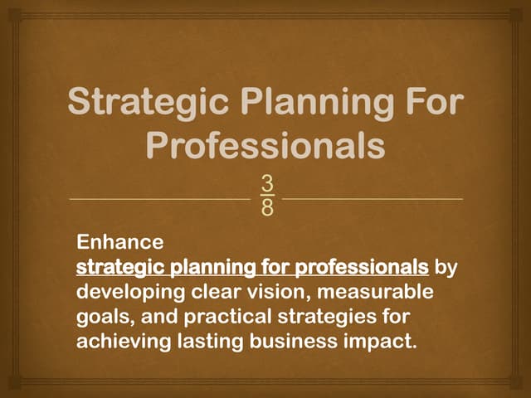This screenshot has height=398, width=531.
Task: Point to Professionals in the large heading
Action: coord(265,146)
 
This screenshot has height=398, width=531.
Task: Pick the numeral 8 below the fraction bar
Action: coord(266,208)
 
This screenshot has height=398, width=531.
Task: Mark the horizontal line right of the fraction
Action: coord(373,200)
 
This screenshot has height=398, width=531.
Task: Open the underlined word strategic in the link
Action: coord(119,268)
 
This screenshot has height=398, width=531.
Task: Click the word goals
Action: coord(103,318)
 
